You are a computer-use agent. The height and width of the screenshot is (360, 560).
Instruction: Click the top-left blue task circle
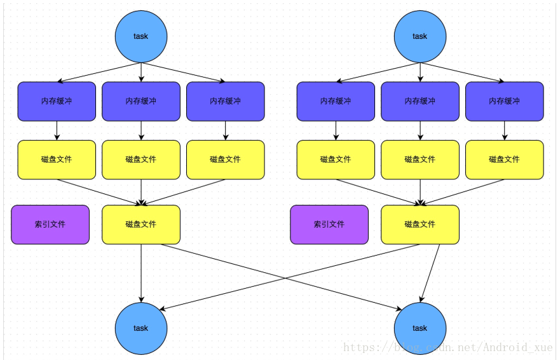coord(140,36)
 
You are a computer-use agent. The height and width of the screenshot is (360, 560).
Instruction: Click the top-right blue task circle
coord(420,36)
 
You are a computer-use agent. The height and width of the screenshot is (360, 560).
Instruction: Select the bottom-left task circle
coord(140,328)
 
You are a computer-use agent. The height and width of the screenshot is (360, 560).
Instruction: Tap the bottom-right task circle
coord(420,328)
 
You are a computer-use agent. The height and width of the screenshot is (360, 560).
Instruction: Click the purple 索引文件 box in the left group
coord(50,225)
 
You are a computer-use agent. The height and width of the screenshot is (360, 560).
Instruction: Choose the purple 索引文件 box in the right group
coord(329,225)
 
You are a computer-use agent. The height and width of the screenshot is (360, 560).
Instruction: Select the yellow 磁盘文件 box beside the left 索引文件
coord(141,225)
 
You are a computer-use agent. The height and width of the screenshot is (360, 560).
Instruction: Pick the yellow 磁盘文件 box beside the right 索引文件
coord(420,225)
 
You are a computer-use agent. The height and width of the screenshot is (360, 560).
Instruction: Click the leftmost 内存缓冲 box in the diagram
coord(57,101)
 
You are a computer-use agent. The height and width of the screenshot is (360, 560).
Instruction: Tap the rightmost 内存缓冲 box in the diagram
coord(505,101)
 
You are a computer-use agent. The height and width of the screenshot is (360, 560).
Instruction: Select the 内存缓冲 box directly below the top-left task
coord(141,101)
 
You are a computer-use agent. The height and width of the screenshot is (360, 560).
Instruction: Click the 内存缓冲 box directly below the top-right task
coord(420,101)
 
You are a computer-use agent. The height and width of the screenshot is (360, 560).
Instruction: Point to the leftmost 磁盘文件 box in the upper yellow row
coord(57,160)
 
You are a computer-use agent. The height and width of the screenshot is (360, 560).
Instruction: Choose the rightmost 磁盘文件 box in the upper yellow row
coord(505,160)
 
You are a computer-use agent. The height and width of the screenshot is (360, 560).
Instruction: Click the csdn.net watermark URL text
coord(447,347)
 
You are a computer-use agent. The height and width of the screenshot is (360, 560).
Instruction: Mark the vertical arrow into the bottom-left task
coord(141,273)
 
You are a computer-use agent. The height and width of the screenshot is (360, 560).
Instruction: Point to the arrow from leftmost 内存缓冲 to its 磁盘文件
coord(57,130)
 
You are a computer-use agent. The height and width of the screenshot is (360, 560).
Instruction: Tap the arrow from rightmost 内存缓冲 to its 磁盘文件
coord(505,130)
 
